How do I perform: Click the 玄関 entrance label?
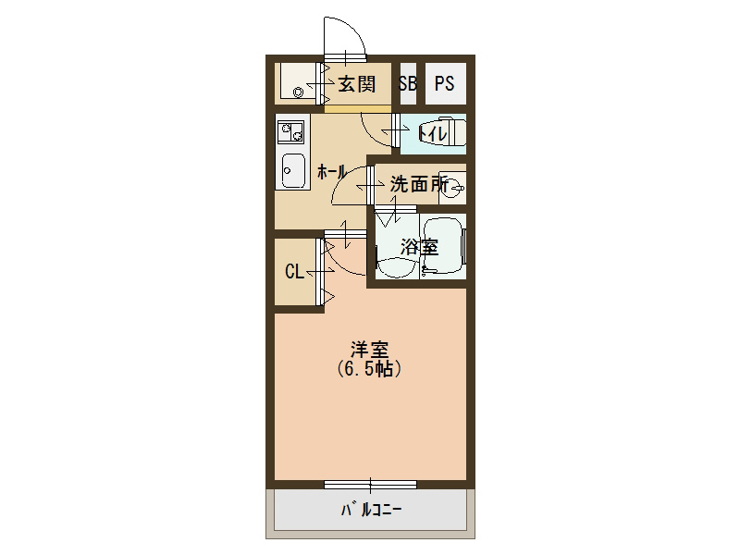pyautogui.click(x=356, y=84)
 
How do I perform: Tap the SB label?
pyautogui.click(x=408, y=84)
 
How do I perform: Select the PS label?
pyautogui.click(x=444, y=84)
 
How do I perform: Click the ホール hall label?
pyautogui.click(x=331, y=171)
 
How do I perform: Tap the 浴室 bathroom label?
pyautogui.click(x=418, y=247)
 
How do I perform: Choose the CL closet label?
pyautogui.click(x=294, y=271)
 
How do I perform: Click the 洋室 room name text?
pyautogui.click(x=368, y=350)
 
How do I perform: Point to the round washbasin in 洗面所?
pyautogui.click(x=458, y=188)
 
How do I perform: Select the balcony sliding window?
pyautogui.click(x=369, y=484)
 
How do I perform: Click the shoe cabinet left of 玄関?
pyautogui.click(x=298, y=84)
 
